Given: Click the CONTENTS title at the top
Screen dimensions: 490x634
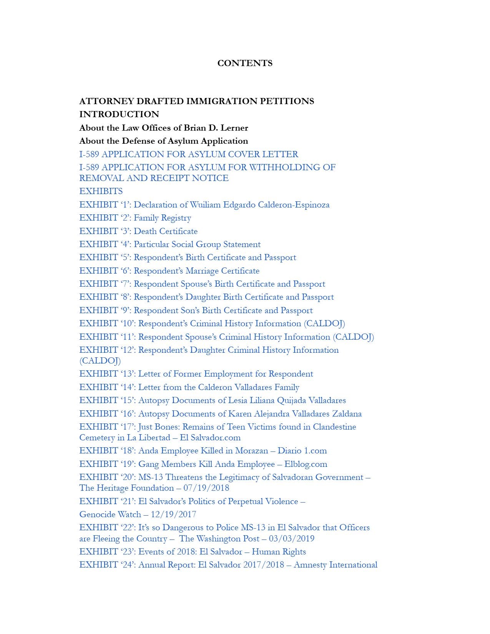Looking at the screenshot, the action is [245, 63].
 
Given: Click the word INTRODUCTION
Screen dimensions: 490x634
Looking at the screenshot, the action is [119, 114].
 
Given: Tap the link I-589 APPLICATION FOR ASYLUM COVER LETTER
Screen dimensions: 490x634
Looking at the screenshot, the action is [189, 154].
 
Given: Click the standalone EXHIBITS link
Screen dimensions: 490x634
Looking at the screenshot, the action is [101, 191].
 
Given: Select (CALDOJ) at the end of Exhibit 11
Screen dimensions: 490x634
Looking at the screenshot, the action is [353, 337].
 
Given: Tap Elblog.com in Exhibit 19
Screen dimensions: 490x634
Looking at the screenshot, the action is [306, 464].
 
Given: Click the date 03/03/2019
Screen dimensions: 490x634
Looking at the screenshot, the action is [292, 539].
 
